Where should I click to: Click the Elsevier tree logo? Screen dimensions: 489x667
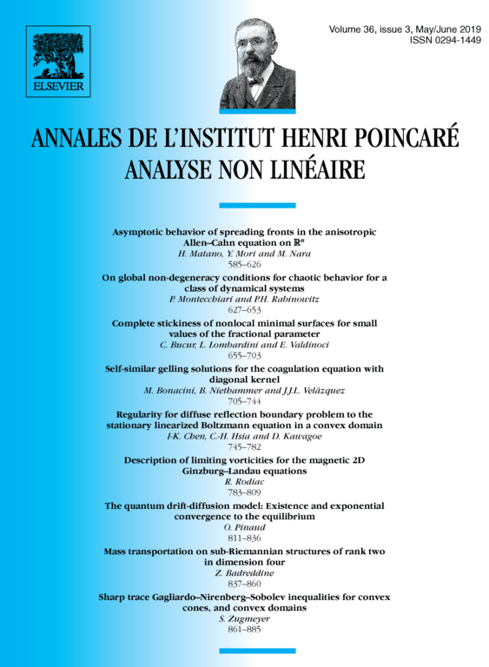(x=58, y=53)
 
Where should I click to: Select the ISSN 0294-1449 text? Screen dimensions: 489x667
(x=444, y=41)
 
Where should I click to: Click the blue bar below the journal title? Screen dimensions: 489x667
(x=244, y=206)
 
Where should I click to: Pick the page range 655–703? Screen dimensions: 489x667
(x=244, y=354)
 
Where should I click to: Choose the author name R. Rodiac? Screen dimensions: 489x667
(x=244, y=482)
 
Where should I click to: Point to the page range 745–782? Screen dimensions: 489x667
(x=244, y=446)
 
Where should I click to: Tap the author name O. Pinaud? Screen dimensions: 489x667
(x=244, y=527)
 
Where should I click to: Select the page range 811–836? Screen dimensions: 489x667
(x=244, y=538)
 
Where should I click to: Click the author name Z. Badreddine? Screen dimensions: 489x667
(x=244, y=573)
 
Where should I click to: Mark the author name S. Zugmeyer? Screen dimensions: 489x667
(x=244, y=619)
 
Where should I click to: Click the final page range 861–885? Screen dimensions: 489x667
(x=244, y=631)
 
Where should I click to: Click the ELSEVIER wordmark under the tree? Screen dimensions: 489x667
(x=58, y=87)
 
